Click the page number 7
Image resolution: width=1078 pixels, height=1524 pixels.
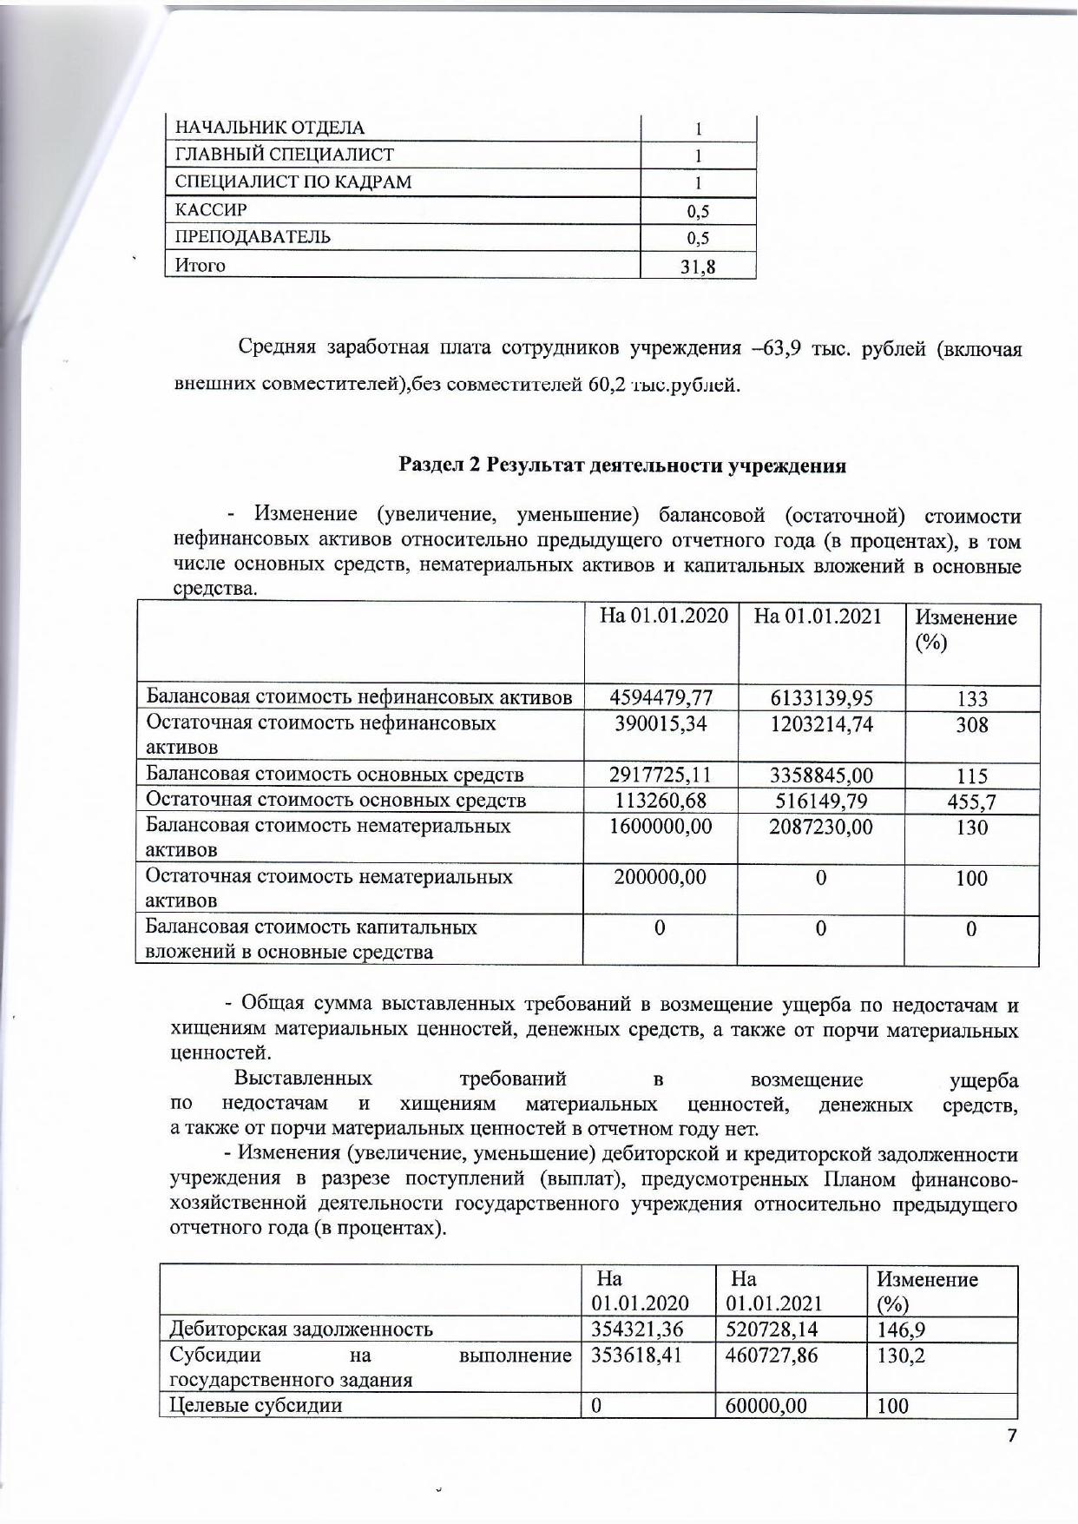click(1010, 1435)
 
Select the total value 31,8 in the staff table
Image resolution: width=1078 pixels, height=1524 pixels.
click(698, 267)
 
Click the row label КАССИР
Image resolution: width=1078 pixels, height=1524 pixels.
click(211, 209)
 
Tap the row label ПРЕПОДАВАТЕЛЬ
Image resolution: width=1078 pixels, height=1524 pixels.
click(253, 237)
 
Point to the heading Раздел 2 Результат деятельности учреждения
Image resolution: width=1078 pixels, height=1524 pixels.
click(621, 465)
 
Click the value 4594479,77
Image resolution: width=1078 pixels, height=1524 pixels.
click(661, 698)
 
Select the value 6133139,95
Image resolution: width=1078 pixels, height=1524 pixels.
click(820, 698)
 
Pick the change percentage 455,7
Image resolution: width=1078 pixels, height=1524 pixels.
click(971, 802)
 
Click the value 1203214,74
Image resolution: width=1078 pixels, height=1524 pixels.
click(820, 723)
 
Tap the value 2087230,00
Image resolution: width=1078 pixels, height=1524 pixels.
click(820, 826)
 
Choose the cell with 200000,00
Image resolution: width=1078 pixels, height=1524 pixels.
click(661, 877)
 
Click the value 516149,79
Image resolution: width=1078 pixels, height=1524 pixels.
click(820, 800)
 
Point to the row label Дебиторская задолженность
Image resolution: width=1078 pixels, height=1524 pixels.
click(300, 1329)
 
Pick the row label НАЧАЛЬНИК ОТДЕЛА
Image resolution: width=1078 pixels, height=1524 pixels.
click(270, 128)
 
